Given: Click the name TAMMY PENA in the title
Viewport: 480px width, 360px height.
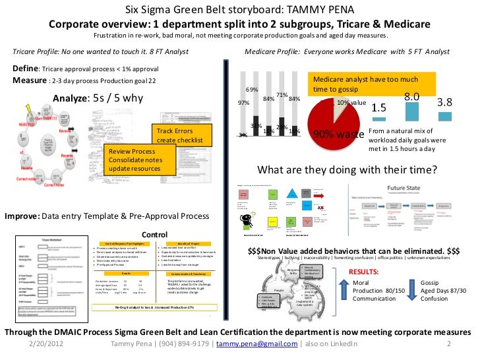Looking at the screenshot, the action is click(324, 10).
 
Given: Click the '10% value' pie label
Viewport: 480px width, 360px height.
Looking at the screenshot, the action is click(351, 104).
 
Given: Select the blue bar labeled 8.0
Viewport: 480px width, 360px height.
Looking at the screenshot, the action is click(412, 111).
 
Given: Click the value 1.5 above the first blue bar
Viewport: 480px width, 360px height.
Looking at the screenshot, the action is click(378, 107).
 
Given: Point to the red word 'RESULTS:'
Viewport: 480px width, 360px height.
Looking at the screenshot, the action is click(363, 271).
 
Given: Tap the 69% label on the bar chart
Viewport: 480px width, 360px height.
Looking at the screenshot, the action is click(252, 90).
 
